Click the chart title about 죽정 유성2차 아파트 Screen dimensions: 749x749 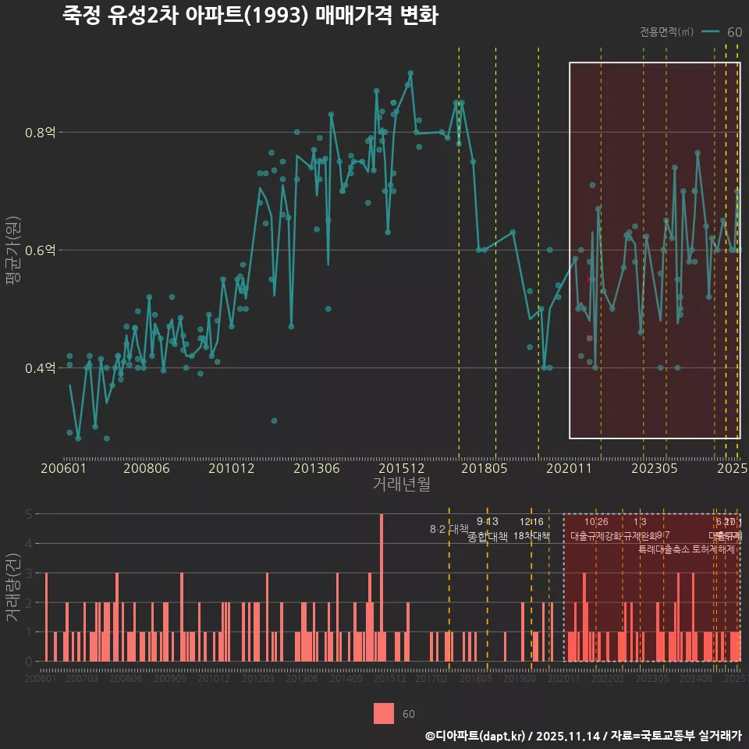tap(250, 16)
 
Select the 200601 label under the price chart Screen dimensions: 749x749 tap(63, 468)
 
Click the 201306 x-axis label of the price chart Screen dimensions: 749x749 tap(316, 468)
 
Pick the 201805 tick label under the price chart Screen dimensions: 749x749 tap(485, 468)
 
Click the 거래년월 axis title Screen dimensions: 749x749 tap(401, 484)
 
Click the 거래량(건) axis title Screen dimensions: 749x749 tap(13, 587)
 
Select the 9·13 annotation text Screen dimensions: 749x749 tap(487, 521)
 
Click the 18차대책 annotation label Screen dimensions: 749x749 tap(531, 536)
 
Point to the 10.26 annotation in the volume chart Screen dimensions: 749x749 tap(596, 521)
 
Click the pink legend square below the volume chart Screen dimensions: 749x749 tap(383, 713)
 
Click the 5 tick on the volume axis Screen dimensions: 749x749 tap(29, 514)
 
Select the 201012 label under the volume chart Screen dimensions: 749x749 tap(214, 680)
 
